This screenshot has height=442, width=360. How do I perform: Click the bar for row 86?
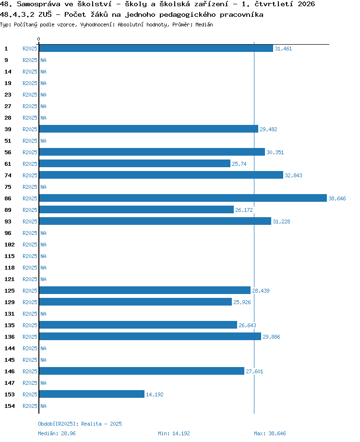(183, 198)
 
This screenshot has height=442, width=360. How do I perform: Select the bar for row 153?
(92, 394)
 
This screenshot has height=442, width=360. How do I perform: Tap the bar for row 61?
(135, 163)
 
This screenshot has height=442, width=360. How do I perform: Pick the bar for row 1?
(156, 48)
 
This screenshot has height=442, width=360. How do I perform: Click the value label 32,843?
(293, 175)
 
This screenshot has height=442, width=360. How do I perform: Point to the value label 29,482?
(268, 129)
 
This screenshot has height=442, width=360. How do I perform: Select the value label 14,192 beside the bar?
(155, 394)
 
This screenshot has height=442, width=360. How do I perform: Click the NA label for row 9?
(43, 60)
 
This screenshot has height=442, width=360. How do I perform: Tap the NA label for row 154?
(43, 406)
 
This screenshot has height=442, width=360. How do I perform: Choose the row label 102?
(9, 245)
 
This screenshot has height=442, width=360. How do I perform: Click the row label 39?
(8, 129)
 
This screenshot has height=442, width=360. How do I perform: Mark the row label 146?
(9, 371)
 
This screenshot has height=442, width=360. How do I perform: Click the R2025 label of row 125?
(30, 291)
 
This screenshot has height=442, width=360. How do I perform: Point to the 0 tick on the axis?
(38, 39)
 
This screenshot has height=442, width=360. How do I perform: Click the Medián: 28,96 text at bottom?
(57, 433)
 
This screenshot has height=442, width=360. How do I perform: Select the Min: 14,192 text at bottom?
(174, 433)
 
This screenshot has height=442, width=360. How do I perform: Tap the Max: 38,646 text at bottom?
(270, 433)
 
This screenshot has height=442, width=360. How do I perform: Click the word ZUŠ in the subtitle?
(45, 14)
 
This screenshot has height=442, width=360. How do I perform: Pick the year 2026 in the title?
(306, 4)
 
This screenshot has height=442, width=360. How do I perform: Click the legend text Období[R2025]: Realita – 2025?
(80, 424)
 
